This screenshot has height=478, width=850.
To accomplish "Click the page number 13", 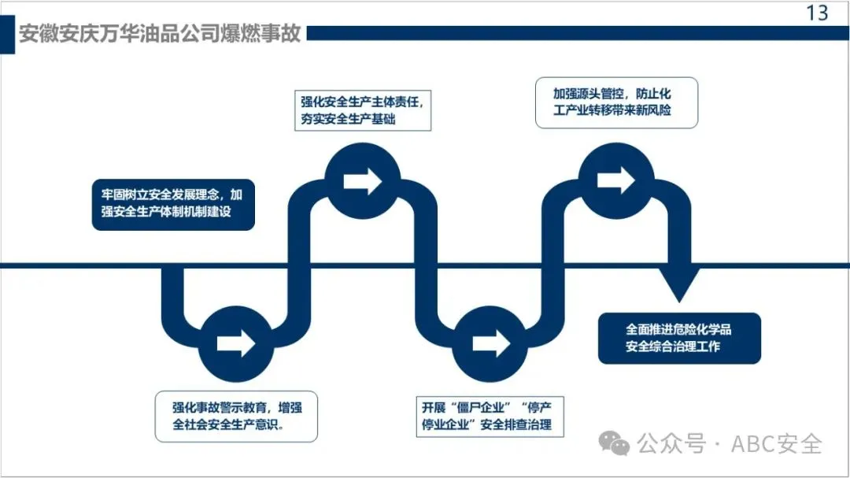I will (x=817, y=13).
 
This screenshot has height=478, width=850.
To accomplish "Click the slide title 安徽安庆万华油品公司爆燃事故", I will (x=160, y=35).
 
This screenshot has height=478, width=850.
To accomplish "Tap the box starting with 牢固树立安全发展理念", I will (x=173, y=203).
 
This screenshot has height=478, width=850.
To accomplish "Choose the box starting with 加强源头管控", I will (x=616, y=102).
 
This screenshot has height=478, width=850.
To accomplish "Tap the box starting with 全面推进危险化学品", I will (x=679, y=338).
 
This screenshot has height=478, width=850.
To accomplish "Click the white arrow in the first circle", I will (x=236, y=343).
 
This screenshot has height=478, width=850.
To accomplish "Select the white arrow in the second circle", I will (x=362, y=180).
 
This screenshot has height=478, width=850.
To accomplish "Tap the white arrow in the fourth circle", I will (x=616, y=180).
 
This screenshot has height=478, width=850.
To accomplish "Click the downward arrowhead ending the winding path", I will (x=679, y=283).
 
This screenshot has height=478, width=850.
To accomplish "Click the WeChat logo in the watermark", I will (x=615, y=444).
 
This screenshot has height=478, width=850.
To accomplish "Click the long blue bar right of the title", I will (x=575, y=34).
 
